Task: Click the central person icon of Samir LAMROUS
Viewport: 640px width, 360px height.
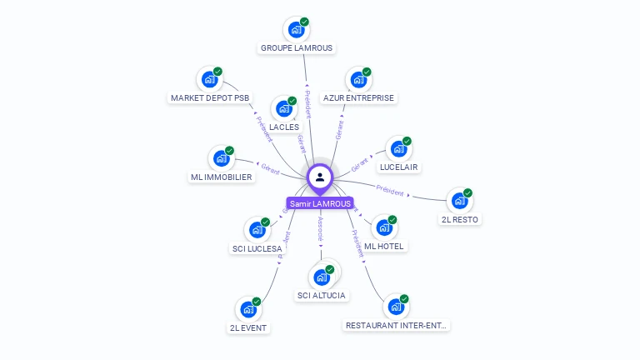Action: point(320,177)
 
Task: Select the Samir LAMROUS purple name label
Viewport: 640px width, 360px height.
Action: point(320,203)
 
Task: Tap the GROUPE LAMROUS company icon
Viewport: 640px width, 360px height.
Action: point(296,30)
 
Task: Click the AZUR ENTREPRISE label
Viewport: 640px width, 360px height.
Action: point(359,98)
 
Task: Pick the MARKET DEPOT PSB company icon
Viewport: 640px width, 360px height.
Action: point(209,80)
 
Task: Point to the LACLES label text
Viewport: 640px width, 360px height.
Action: point(284,127)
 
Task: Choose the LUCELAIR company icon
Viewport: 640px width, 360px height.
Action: point(399,149)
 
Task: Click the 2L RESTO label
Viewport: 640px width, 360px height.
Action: point(461,219)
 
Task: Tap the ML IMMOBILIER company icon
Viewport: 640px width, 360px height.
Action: point(222,158)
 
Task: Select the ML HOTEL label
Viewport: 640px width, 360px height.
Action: point(384,246)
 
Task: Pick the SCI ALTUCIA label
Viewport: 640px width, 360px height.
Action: point(322,295)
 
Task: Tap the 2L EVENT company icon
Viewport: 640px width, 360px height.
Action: point(248,309)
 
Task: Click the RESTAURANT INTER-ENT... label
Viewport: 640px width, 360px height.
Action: point(397,325)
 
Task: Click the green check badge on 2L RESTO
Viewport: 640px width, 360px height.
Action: point(467,192)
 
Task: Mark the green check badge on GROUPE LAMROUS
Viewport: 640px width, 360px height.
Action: point(304,22)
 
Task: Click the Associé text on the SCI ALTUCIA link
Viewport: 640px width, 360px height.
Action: point(320,229)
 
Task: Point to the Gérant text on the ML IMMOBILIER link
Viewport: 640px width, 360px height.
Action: point(270,168)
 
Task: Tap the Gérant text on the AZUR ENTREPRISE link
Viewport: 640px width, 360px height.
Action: point(339,129)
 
